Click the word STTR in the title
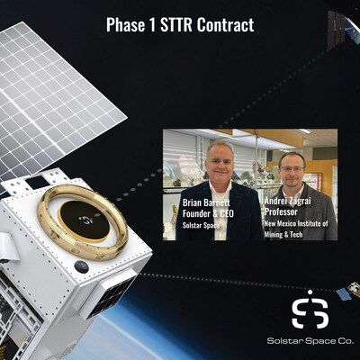[176, 24]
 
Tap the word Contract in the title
[224, 24]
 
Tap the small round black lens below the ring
[82, 266]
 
